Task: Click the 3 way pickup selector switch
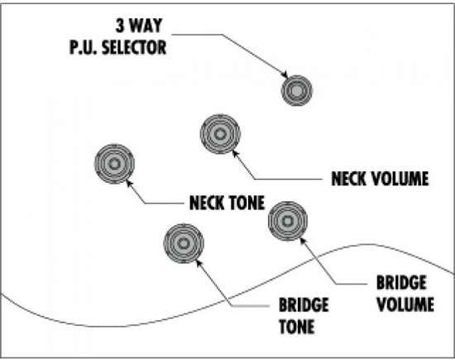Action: [x=296, y=90]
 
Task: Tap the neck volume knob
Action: [x=220, y=134]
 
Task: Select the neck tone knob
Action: [x=114, y=164]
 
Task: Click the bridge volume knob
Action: [x=287, y=221]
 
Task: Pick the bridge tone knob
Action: [x=184, y=243]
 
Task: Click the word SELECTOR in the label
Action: [x=134, y=47]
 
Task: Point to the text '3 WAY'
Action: [x=139, y=26]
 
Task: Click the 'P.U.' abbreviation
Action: [x=84, y=47]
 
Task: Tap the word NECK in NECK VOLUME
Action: [x=349, y=179]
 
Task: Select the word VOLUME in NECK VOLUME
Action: [x=400, y=179]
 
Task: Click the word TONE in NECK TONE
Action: [x=246, y=203]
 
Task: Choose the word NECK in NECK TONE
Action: [x=206, y=203]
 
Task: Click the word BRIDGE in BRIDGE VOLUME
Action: [x=401, y=282]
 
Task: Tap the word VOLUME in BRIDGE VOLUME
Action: [x=405, y=305]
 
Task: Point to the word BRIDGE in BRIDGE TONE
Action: [x=304, y=305]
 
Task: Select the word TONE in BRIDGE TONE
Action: [x=297, y=326]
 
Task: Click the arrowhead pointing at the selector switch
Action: [x=284, y=74]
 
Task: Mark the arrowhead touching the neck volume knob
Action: [x=235, y=153]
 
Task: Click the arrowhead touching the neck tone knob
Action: [x=129, y=183]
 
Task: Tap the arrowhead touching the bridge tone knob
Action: [x=199, y=263]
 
